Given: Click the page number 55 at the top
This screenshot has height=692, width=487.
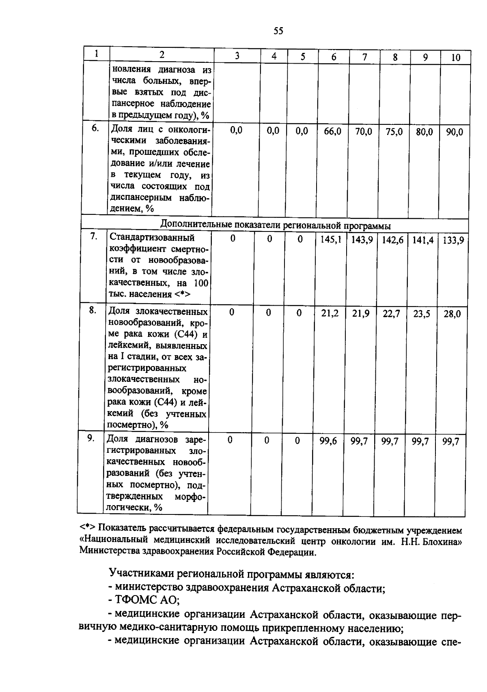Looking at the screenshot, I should click(x=278, y=31).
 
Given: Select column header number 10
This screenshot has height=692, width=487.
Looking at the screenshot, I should click(x=456, y=58).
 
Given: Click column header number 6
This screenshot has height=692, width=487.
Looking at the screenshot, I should click(x=333, y=57).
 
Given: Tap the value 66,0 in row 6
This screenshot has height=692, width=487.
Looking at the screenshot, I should click(x=332, y=131).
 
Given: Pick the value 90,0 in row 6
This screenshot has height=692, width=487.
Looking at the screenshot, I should click(x=455, y=132).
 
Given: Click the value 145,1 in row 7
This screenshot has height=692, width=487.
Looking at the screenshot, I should click(x=330, y=240).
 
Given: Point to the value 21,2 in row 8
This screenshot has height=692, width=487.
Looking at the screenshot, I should click(x=330, y=313).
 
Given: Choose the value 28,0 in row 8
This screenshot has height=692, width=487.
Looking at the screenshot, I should click(x=452, y=314).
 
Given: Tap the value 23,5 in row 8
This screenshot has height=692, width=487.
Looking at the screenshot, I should click(x=422, y=314).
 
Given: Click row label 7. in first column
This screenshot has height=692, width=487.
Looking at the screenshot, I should click(x=94, y=236).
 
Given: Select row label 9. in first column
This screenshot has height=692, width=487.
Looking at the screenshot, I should click(x=91, y=438).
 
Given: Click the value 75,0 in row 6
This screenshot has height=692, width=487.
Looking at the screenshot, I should click(x=394, y=132).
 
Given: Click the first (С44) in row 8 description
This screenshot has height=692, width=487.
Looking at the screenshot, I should click(x=186, y=334).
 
